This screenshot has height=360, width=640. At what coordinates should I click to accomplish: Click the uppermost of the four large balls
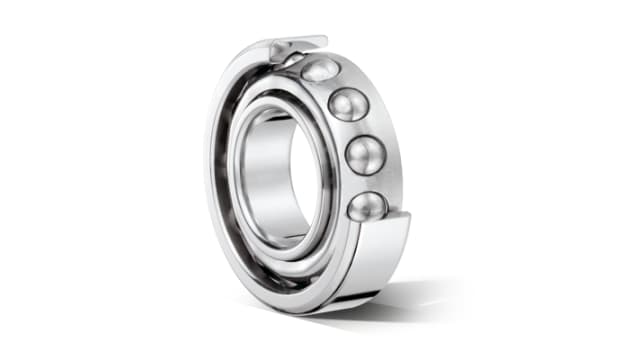click(320, 69)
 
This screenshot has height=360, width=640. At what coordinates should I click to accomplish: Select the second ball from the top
click(348, 104)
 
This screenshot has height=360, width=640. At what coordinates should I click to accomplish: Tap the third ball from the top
click(364, 154)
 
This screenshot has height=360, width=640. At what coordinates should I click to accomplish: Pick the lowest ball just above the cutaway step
click(366, 206)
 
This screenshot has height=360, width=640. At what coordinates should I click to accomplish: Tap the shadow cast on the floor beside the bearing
click(420, 300)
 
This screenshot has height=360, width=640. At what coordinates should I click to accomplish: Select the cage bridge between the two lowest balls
click(369, 181)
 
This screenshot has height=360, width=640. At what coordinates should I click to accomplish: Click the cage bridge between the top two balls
click(336, 84)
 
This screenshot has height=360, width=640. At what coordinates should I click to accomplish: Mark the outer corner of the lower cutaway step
click(409, 213)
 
